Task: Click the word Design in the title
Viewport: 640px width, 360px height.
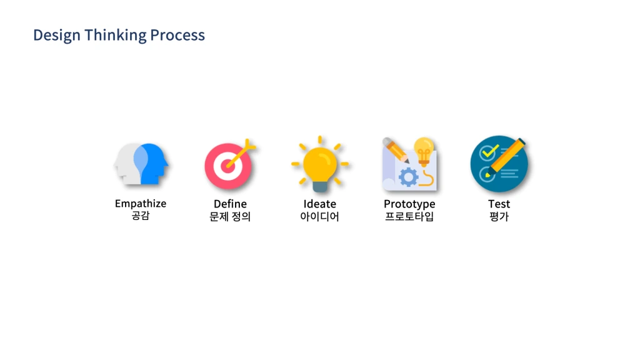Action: [57, 35]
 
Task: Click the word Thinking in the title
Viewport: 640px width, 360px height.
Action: [115, 35]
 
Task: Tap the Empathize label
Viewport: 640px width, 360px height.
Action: [141, 204]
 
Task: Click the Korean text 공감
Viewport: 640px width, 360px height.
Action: [141, 217]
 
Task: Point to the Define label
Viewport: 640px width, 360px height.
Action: [230, 204]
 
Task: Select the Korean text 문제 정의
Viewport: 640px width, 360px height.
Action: [230, 217]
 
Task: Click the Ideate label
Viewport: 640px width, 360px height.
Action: [319, 204]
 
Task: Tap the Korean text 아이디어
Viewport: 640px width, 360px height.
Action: [319, 217]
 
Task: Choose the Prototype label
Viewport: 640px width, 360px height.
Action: [409, 204]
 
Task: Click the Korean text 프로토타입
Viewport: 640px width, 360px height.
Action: [409, 217]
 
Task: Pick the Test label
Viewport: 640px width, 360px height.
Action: [499, 204]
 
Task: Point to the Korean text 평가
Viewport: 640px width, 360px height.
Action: [499, 217]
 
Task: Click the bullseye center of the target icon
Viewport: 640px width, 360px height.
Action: [227, 167]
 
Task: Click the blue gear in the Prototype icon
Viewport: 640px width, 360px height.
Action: [408, 177]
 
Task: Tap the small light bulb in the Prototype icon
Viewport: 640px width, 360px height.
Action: [424, 150]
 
